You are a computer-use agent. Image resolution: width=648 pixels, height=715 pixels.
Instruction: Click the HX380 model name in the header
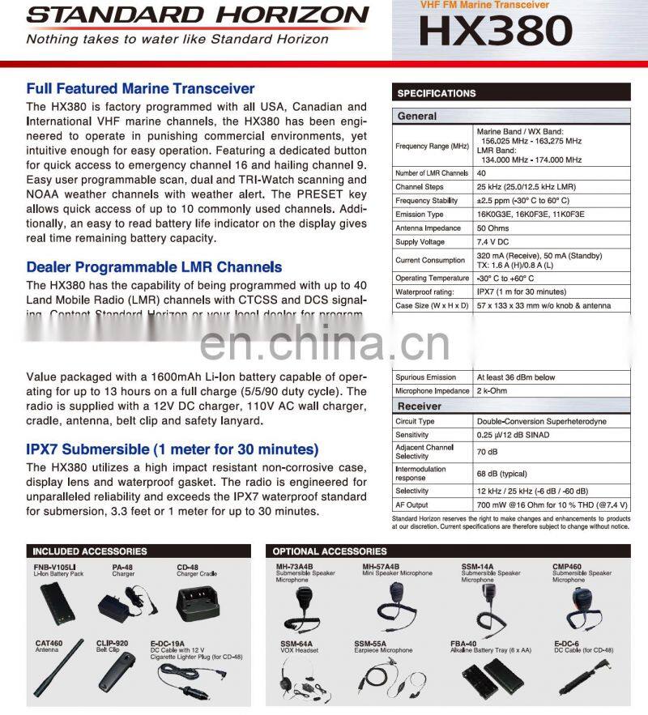(496, 32)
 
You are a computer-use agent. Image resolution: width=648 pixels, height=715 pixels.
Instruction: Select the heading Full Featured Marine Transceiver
(140, 89)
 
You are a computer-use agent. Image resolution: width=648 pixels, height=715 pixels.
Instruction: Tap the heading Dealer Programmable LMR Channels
(154, 267)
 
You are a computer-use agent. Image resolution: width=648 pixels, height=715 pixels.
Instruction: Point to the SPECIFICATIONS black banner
(510, 93)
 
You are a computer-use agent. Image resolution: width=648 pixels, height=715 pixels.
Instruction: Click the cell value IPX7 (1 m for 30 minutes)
(521, 292)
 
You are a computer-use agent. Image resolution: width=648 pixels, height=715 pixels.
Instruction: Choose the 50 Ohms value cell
(492, 228)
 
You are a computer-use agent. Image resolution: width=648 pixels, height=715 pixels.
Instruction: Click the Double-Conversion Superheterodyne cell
(541, 421)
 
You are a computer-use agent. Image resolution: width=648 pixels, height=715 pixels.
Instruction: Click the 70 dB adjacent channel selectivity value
(486, 452)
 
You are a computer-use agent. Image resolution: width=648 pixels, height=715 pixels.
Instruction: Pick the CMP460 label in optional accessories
(566, 566)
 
